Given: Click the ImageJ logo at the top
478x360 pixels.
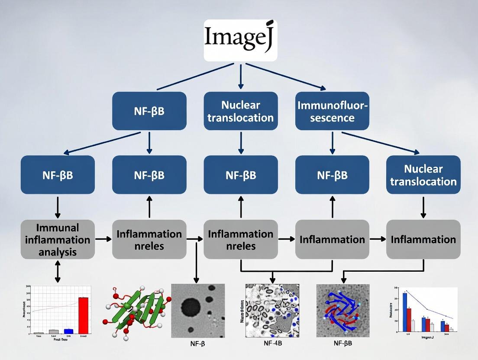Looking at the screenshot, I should pos(240,40).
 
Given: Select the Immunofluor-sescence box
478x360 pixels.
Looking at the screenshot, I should pos(332,111).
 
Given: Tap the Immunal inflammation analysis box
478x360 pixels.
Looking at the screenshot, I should pos(58,239).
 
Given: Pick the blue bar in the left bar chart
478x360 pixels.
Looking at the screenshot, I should pos(68,331).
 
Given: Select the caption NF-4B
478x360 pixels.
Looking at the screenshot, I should pos(274,344).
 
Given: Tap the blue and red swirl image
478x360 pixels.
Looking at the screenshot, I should pos(342,310).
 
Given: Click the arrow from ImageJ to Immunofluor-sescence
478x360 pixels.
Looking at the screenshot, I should pos(286,77).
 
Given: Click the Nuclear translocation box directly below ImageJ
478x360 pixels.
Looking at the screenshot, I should pos(240,111).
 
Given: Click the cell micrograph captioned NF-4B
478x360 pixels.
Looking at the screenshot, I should pos(271,310).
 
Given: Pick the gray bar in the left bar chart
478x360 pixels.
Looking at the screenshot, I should pos(54,331).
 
